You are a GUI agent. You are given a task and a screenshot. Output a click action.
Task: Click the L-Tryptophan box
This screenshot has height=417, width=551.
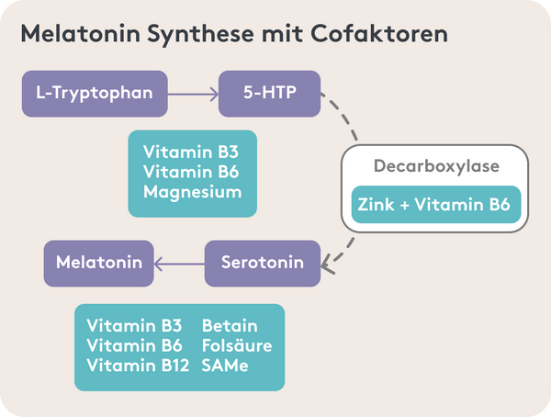tap(95, 94)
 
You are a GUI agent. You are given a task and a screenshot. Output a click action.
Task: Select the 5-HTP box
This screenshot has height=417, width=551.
tap(269, 94)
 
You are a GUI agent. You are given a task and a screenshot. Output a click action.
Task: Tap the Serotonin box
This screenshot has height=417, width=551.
tap(263, 264)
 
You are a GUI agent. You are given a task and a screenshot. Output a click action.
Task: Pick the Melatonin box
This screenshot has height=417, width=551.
tap(99, 264)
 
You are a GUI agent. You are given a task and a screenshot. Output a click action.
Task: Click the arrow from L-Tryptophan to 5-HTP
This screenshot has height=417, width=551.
tap(193, 95)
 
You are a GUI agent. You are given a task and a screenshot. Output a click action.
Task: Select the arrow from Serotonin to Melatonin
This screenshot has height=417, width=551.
tap(179, 264)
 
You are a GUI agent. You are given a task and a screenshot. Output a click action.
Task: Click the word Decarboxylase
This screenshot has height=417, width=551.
tap(436, 166)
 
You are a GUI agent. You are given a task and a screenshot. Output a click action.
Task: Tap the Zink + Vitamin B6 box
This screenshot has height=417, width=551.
tap(436, 204)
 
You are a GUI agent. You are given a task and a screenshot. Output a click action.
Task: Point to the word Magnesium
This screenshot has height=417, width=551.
tap(193, 192)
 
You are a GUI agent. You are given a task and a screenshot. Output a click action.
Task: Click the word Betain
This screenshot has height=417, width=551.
tap(230, 325)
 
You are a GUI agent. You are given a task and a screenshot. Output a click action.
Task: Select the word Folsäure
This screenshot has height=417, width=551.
tap(237, 345)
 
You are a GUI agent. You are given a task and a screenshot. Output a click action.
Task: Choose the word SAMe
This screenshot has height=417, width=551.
tap(225, 366)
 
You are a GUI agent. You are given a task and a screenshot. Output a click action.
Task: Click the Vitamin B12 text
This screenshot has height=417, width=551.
tap(138, 366)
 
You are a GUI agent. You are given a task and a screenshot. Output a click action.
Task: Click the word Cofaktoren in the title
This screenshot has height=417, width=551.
tap(379, 34)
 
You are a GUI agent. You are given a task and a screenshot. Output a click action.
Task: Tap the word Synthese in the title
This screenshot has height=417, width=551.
tap(200, 35)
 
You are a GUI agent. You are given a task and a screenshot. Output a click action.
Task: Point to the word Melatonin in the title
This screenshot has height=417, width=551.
tap(81, 34)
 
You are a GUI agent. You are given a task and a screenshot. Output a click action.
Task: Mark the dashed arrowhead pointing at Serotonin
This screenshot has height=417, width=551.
tap(327, 265)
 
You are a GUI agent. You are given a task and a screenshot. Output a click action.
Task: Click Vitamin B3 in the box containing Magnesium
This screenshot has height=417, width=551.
tap(191, 152)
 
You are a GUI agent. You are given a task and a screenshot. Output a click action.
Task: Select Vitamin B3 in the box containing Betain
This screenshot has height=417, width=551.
tap(134, 325)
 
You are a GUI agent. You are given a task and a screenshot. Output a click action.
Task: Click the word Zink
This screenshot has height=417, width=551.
tap(376, 204)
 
